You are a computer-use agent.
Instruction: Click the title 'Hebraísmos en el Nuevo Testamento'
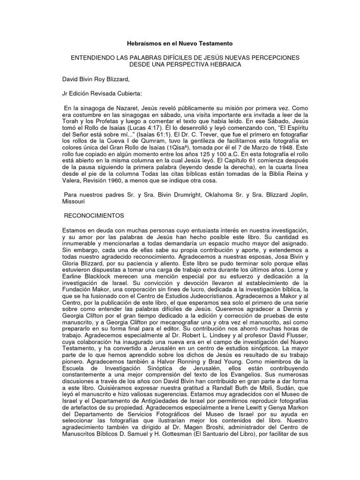tap(180, 43)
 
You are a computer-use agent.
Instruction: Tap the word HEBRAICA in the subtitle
tap(222, 64)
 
